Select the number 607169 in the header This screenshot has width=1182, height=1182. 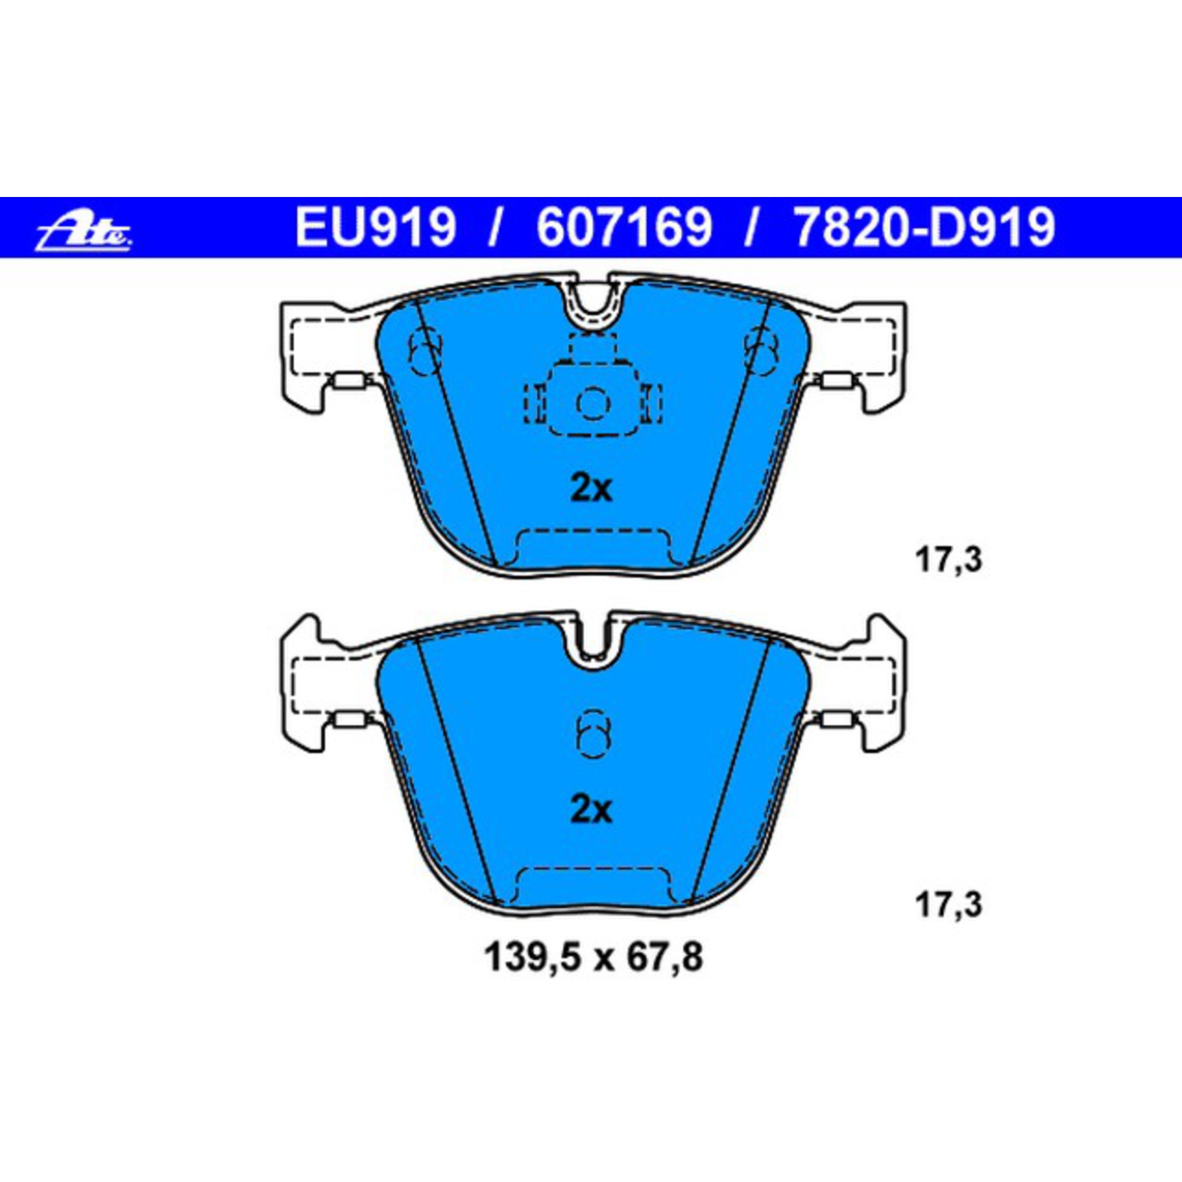[x=624, y=227]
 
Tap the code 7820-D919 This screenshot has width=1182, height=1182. [x=924, y=227]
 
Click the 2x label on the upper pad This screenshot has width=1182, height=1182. [x=591, y=489]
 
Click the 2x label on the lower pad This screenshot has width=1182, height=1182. [x=591, y=811]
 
